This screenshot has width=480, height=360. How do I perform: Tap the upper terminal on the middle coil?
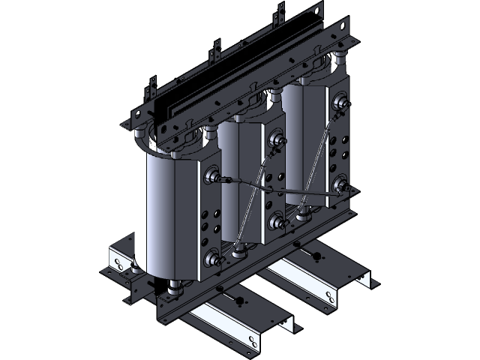pos(276,138)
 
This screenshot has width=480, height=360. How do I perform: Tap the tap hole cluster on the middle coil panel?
pos(274,180)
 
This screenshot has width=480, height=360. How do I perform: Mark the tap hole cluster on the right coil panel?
pos(340,142)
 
